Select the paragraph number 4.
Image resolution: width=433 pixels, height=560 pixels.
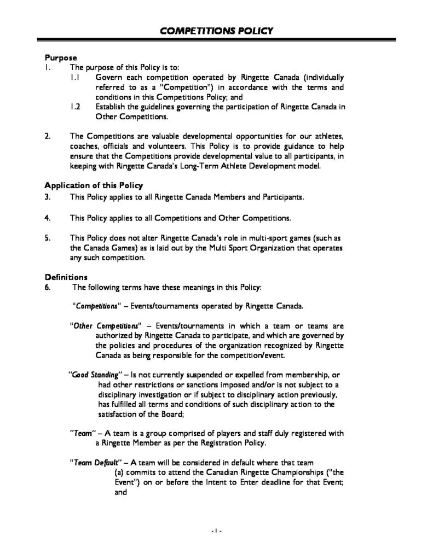(48, 218)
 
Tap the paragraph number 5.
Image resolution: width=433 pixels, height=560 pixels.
(48, 238)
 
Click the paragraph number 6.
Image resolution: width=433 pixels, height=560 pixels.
(48, 287)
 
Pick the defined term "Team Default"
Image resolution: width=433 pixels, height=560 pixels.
(92, 462)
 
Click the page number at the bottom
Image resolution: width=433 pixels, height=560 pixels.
(216, 531)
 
